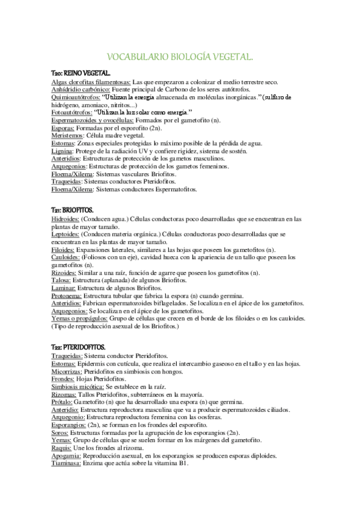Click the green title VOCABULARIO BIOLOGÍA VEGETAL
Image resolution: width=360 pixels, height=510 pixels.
(x=180, y=57)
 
